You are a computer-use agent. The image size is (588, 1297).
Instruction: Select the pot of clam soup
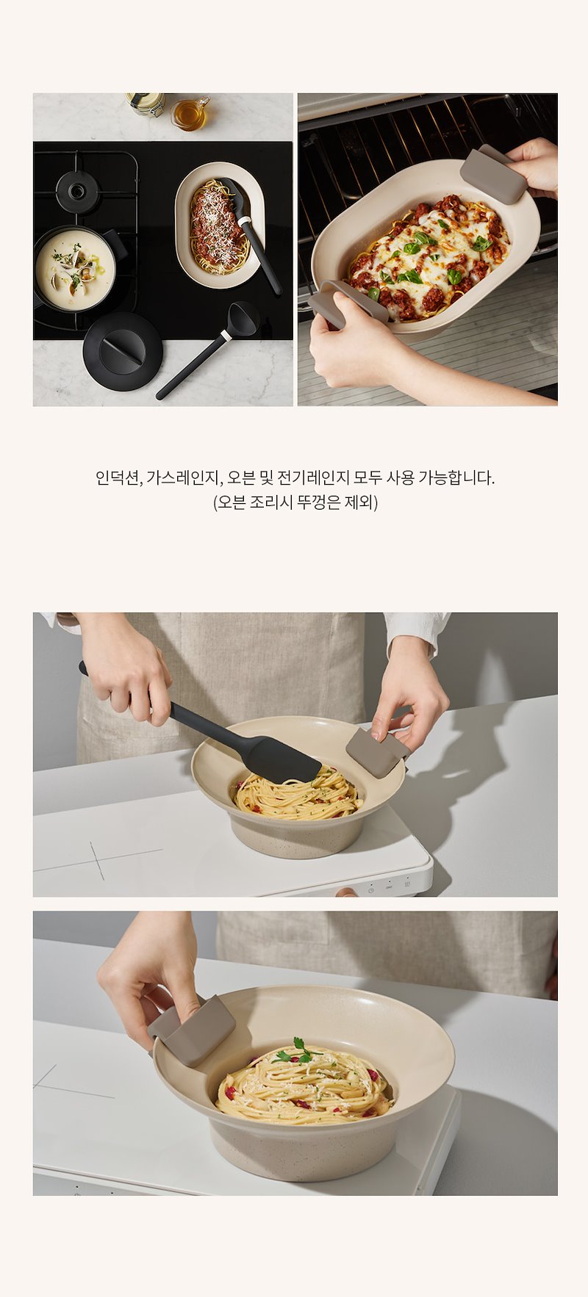coord(76,267)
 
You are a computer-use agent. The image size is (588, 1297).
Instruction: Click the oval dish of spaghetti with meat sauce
coord(219,225)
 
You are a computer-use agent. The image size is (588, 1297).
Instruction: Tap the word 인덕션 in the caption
coord(118,478)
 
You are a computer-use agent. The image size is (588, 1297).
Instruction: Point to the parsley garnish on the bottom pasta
coord(298,1052)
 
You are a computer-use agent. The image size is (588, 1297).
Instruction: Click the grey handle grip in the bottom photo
coord(193,1030)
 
